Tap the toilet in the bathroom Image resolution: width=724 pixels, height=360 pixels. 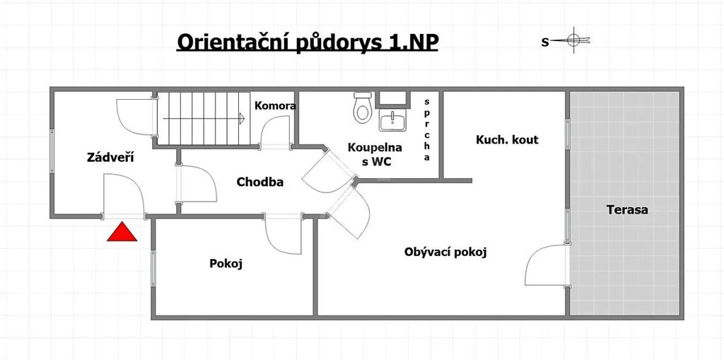[363, 108]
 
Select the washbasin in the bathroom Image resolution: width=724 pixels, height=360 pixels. [392, 121]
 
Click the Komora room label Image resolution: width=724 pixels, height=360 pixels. [275, 105]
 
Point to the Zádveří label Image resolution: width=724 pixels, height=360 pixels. [110, 157]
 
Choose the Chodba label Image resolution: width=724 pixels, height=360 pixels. [260, 182]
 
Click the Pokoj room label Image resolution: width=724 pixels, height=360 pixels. [226, 264]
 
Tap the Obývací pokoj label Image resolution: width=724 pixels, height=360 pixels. [445, 252]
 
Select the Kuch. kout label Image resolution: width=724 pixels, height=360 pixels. [507, 139]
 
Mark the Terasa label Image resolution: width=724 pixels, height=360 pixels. [627, 210]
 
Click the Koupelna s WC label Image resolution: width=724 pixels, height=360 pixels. [375, 155]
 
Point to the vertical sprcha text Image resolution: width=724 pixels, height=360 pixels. [426, 129]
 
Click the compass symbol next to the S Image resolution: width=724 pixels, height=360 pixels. [573, 40]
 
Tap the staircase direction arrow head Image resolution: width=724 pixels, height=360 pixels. [242, 119]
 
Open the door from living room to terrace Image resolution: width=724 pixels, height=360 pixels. [547, 265]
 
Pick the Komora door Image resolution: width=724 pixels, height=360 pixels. [276, 133]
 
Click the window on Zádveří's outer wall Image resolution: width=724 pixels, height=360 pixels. [52, 151]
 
